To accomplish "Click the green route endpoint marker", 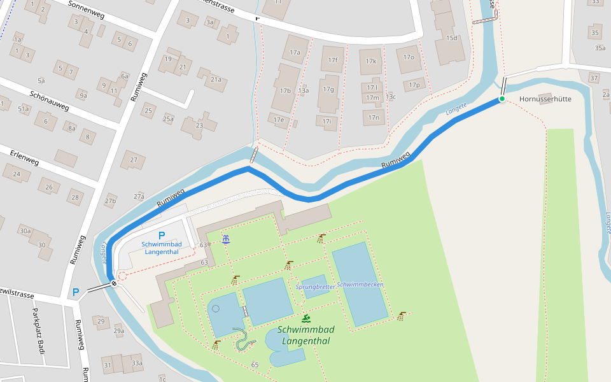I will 502,99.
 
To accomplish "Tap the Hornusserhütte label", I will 545,99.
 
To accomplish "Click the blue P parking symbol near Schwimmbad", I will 162,236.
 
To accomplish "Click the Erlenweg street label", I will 24,158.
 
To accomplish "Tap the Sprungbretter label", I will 316,287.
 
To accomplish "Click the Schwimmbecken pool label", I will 360,285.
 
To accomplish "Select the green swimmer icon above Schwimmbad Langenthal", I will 306,318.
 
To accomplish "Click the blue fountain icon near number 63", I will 225,239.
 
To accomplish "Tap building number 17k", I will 372,62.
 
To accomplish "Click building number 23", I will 199,125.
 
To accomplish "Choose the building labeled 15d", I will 451,38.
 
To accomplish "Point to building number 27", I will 133,159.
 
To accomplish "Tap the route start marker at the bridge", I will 114,283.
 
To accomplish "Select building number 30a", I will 25,230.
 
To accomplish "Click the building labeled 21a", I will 216,80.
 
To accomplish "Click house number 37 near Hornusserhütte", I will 594,78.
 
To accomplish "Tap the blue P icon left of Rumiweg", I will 76,292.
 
